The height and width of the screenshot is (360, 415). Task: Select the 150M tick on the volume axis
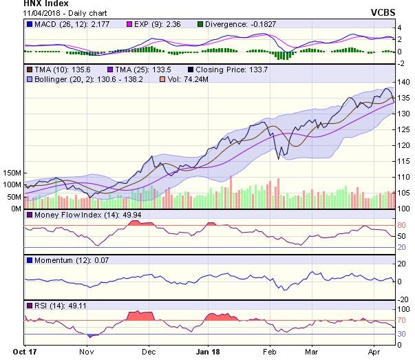click(x=12, y=173)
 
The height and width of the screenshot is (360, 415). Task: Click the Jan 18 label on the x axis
click(x=209, y=350)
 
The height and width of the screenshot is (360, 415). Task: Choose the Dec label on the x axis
click(x=148, y=350)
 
